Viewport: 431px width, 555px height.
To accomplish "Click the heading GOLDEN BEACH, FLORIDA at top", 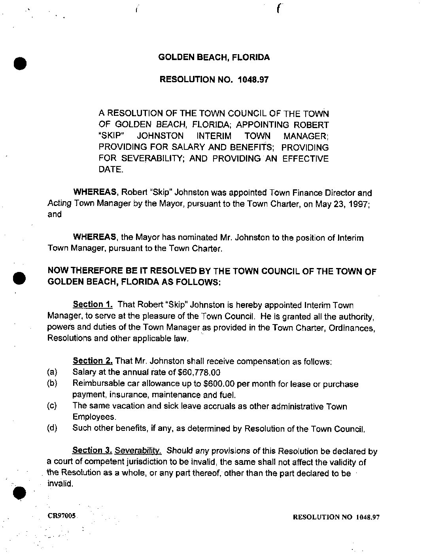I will (214, 57).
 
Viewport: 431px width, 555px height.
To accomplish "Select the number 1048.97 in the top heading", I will (253, 79).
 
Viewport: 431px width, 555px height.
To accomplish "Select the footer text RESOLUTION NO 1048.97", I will (336, 517).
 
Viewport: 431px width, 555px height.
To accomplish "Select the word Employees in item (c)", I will (94, 417).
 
